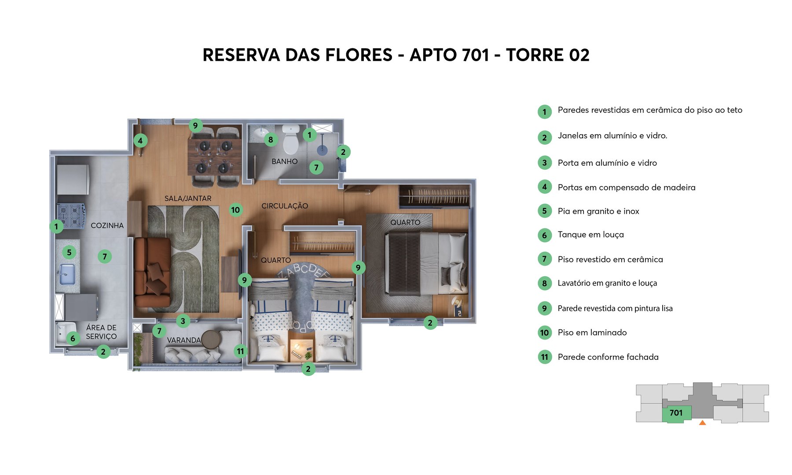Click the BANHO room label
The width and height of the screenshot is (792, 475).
point(284,161)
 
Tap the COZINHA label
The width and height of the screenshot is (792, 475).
point(107,226)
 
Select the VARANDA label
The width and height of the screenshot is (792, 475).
point(183,340)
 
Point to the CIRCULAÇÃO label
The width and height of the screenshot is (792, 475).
point(285,206)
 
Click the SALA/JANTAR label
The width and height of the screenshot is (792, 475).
point(188,198)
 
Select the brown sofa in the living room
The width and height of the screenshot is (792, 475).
point(152,273)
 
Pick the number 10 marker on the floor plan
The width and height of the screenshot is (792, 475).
point(236,210)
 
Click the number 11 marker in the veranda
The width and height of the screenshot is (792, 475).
point(240,351)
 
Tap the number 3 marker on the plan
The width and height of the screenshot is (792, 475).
point(183,321)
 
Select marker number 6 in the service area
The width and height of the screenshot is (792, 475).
point(73,338)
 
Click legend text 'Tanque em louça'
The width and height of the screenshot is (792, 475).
point(590,235)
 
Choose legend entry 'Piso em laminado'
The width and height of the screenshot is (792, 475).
point(592,332)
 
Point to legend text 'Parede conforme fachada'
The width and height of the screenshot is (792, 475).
point(608,357)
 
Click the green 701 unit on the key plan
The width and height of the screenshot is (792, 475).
point(676,413)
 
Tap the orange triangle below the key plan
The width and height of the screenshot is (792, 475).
point(702,423)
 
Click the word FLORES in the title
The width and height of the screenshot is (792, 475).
point(359,55)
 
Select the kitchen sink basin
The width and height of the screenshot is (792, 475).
point(67,274)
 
